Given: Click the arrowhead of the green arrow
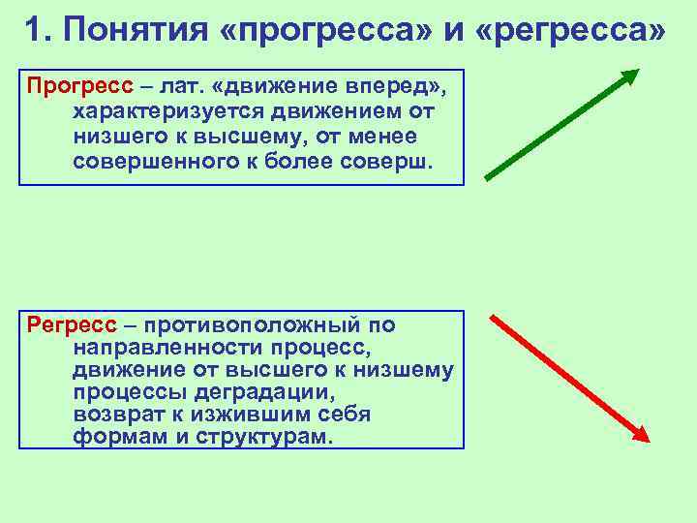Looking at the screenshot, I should [630, 76].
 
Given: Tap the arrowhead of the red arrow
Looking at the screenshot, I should [639, 437].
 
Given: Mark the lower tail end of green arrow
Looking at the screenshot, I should [487, 178].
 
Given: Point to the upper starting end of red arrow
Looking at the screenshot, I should [493, 316].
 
